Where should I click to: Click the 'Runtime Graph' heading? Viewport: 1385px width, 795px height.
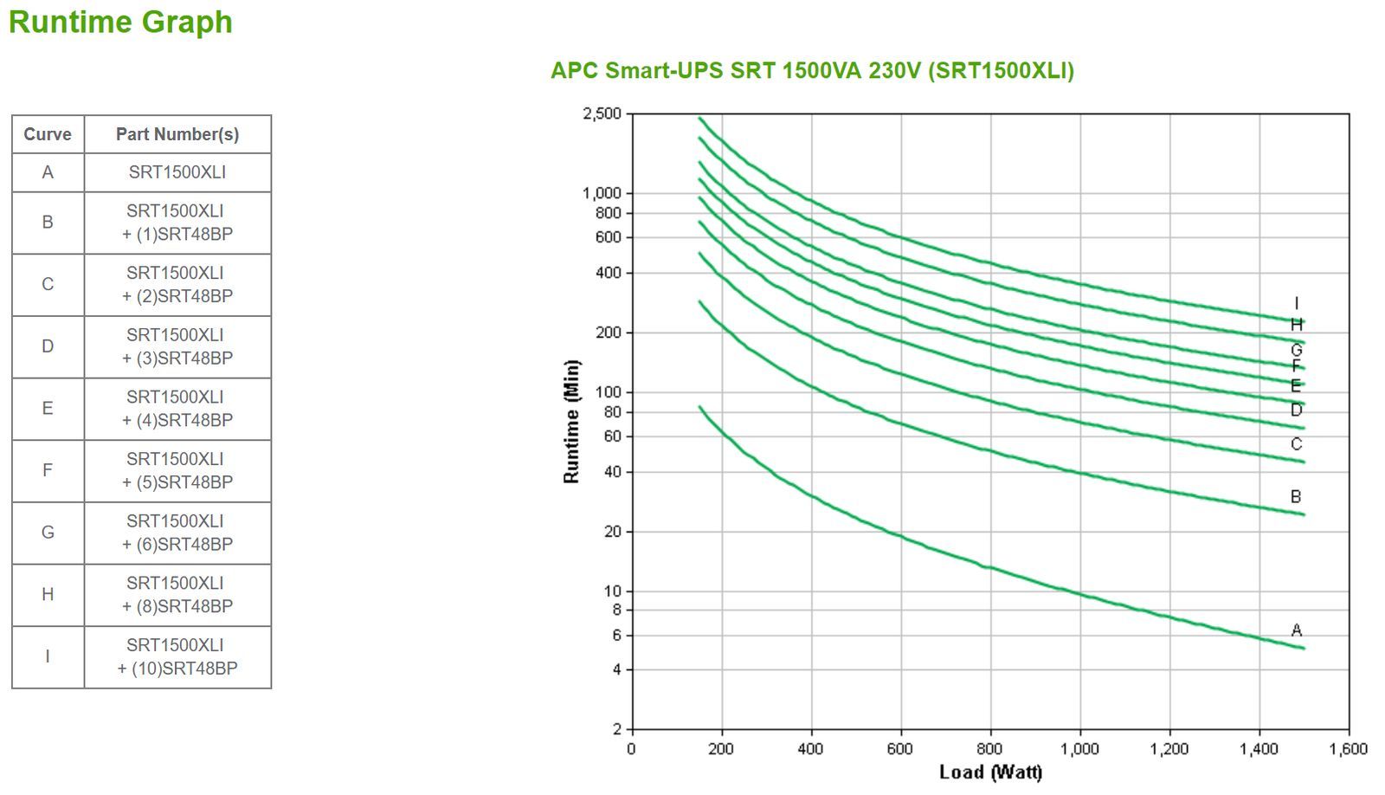click(120, 22)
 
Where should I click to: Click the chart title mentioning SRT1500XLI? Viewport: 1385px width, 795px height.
click(812, 70)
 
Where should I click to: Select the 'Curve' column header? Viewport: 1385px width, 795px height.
click(48, 134)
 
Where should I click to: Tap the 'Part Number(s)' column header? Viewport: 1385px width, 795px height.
click(177, 134)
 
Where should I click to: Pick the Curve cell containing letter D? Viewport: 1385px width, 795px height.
click(48, 346)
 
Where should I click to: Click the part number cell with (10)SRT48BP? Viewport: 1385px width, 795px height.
click(177, 656)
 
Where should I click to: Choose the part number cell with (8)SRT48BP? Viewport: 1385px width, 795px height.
click(177, 595)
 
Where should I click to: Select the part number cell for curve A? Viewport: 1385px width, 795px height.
click(177, 172)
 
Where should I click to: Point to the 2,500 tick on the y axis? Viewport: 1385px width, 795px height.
click(602, 113)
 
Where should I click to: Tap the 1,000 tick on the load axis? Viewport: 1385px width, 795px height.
click(1079, 749)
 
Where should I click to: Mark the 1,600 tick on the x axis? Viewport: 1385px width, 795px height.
click(1348, 749)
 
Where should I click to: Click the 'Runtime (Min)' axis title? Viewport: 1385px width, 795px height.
click(571, 422)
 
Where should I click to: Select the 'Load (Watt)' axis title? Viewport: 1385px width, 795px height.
click(990, 772)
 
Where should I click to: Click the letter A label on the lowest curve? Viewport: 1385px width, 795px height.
click(1296, 630)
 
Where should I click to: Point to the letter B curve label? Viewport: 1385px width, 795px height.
click(1296, 497)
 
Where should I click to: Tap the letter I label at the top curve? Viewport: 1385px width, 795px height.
click(1296, 303)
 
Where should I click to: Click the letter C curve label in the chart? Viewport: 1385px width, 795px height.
click(1296, 444)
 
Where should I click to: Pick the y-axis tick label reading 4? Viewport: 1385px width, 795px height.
click(616, 669)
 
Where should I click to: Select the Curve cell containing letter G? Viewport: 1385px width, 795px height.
click(48, 533)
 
